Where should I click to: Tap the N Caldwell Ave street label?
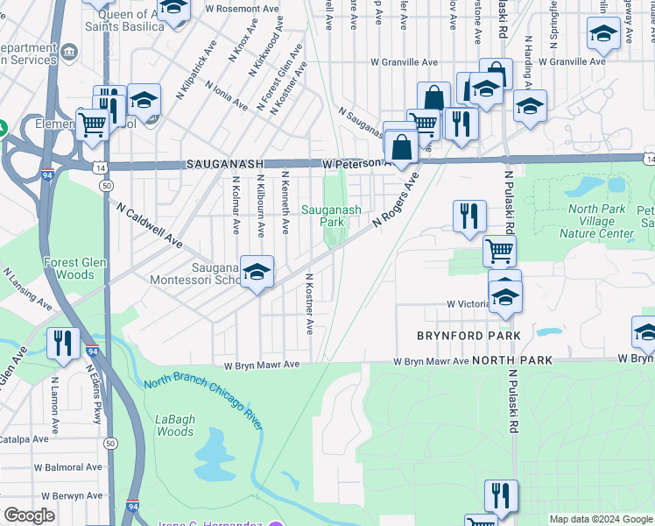(149, 224)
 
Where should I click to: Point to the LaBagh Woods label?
(175, 425)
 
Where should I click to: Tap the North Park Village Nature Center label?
(601, 221)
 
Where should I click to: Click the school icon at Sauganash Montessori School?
(257, 273)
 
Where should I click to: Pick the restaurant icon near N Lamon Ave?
(62, 343)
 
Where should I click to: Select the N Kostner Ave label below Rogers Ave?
(309, 302)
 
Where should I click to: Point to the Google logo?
(30, 515)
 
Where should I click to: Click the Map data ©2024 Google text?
(601, 519)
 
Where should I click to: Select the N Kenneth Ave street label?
(285, 203)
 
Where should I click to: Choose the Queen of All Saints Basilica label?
(124, 20)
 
